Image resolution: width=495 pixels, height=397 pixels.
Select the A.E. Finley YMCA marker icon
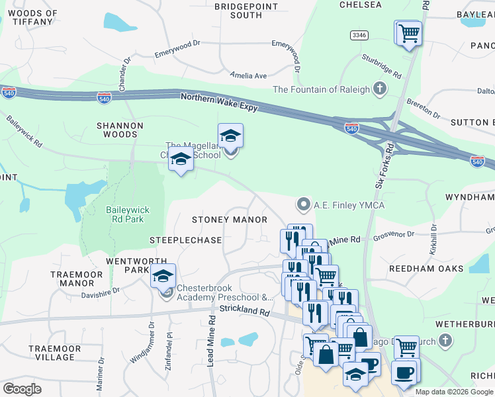[304, 204]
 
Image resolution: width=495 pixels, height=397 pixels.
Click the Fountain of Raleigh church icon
[380, 89]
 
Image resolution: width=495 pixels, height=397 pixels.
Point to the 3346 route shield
[379, 35]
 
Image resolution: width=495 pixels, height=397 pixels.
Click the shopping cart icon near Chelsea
[409, 32]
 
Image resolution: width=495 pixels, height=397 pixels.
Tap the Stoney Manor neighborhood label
[230, 220]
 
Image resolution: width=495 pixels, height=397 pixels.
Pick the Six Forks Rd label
[382, 165]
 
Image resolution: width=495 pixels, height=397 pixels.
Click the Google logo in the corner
[22, 389]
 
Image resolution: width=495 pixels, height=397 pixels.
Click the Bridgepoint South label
[238, 10]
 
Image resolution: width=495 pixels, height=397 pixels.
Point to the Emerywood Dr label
[177, 48]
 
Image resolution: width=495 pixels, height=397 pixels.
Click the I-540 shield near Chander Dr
[104, 99]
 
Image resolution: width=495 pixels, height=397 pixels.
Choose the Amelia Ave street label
[247, 75]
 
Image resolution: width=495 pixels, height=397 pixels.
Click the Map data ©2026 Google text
[454, 392]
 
